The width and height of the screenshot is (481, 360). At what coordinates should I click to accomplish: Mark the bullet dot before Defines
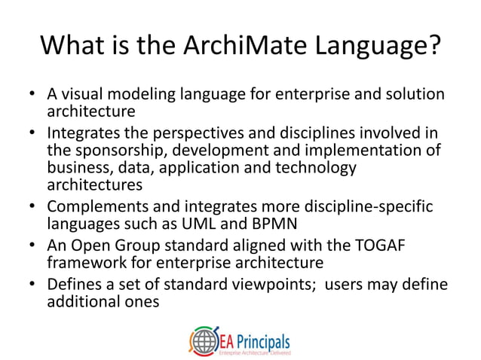[x=32, y=285]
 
